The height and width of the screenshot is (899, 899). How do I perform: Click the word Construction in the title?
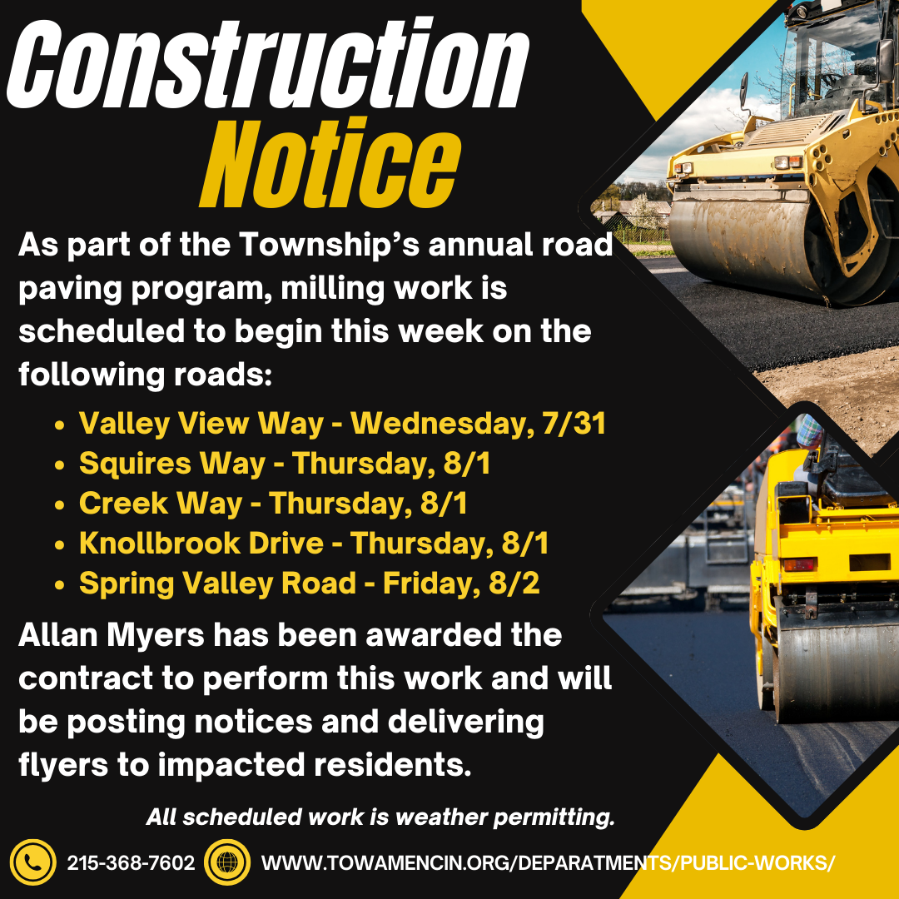267,64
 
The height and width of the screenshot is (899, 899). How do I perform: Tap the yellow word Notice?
330,163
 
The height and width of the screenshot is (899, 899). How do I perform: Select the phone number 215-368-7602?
132,862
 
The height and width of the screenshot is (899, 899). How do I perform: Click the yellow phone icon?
32,862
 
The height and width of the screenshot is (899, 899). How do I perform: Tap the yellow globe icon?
227,862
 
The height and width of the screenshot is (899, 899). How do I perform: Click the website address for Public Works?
548,862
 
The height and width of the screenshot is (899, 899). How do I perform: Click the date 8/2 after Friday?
514,583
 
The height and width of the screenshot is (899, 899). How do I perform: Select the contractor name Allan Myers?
112,636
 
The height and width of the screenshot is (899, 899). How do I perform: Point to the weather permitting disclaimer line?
380,817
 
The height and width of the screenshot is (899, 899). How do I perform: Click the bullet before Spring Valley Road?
59,585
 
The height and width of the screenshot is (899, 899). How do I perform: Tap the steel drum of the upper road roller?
751,246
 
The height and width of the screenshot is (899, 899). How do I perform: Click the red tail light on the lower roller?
799,564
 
